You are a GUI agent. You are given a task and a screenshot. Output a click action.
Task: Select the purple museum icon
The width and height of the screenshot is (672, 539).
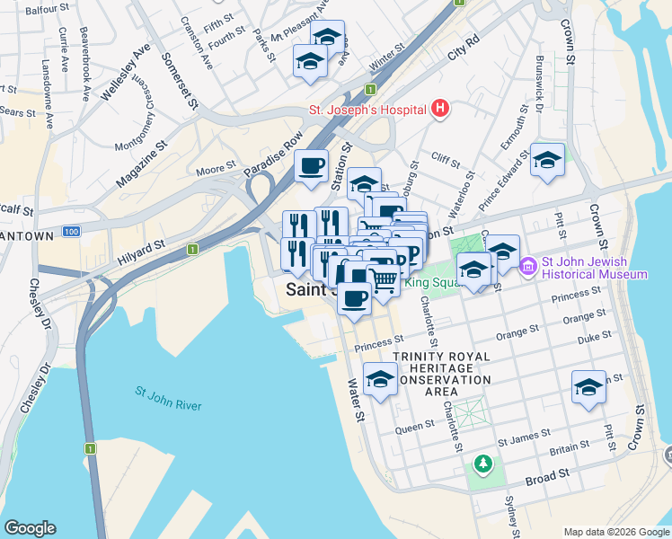527,267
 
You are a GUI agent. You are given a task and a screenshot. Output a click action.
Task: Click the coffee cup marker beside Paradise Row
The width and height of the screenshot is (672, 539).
312,166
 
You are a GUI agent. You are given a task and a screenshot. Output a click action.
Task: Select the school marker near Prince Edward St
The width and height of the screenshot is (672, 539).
547,160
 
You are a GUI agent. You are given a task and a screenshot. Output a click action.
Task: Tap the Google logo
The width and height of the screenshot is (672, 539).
30,528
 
